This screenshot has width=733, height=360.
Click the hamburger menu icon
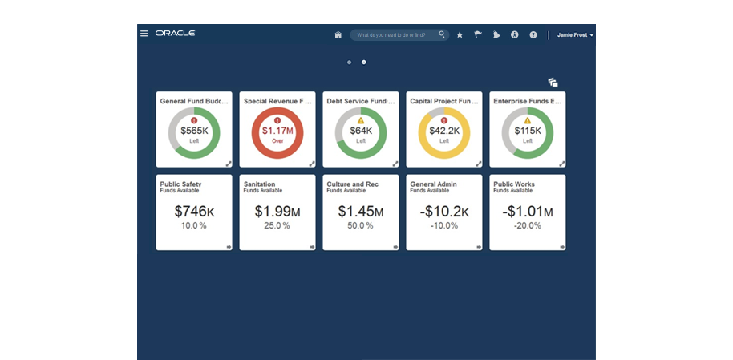click(x=144, y=34)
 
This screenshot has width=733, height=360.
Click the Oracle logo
click(x=176, y=34)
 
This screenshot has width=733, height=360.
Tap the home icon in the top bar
click(x=338, y=35)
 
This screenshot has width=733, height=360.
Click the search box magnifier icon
click(x=442, y=35)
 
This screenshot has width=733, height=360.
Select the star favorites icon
click(x=460, y=35)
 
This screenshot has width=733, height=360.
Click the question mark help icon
click(x=533, y=35)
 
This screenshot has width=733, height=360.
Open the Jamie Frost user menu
click(x=575, y=35)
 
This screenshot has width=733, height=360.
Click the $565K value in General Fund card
click(x=193, y=131)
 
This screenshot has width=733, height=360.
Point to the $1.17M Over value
click(x=277, y=131)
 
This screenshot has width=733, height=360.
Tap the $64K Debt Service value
click(x=361, y=131)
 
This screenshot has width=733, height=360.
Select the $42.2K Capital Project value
click(x=443, y=131)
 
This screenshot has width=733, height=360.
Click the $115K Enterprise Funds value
click(x=527, y=131)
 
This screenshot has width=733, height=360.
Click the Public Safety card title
click(x=180, y=184)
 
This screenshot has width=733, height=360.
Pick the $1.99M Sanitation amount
click(x=277, y=212)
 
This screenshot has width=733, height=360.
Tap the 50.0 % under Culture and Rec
click(x=361, y=226)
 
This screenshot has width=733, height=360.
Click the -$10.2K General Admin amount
click(x=443, y=212)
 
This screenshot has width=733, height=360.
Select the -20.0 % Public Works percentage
click(x=527, y=226)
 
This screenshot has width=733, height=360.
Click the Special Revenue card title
click(x=273, y=102)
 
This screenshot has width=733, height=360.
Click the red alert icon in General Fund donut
click(x=194, y=120)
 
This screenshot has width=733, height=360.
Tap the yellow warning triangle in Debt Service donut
click(x=361, y=120)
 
